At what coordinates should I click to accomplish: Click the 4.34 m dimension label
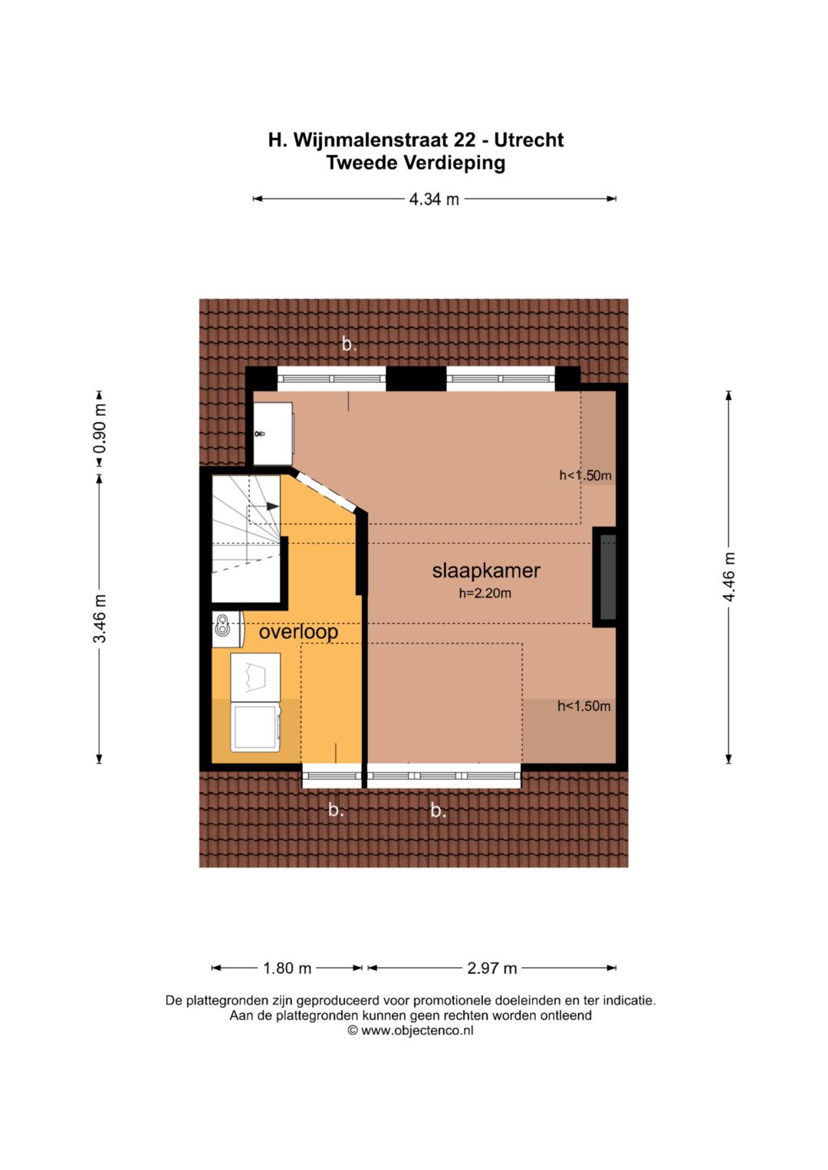(x=434, y=199)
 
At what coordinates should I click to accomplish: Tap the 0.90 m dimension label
(x=100, y=428)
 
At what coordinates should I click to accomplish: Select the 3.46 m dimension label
(x=100, y=618)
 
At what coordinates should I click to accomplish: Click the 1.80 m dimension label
(x=287, y=968)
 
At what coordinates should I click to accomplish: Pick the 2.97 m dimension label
(x=492, y=968)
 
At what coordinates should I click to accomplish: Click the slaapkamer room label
(x=485, y=570)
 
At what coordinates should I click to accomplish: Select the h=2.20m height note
(x=485, y=593)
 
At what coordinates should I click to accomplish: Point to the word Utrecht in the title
(x=529, y=140)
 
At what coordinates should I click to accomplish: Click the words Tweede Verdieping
(x=416, y=163)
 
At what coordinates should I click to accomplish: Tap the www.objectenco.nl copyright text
(x=411, y=1031)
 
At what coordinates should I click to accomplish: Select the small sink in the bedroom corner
(x=273, y=433)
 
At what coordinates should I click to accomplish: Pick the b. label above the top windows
(x=349, y=344)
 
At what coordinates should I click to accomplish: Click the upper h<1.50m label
(x=586, y=475)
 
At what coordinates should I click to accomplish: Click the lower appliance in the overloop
(x=256, y=728)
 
